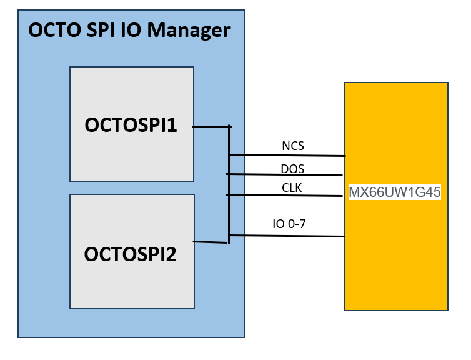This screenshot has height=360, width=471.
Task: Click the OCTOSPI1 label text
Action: click(131, 125)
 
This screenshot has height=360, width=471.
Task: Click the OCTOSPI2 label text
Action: click(131, 254)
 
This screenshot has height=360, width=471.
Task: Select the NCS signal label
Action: click(293, 146)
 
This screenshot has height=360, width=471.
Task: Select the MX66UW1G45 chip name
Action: click(395, 192)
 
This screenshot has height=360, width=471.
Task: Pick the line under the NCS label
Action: click(287, 155)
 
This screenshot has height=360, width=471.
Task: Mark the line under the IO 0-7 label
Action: click(287, 236)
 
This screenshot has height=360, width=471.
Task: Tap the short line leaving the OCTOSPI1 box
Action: click(211, 127)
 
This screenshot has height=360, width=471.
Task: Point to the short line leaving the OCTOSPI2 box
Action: click(211, 242)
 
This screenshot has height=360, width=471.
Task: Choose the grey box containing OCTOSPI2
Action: click(131, 287)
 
